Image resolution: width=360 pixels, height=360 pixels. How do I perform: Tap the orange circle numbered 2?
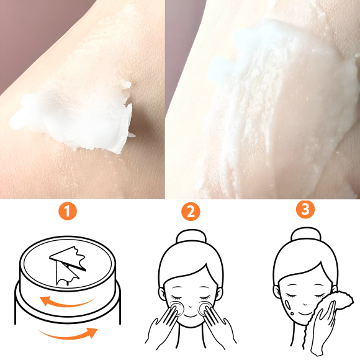(x=191, y=212)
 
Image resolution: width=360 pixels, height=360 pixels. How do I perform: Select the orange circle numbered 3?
(x=304, y=210)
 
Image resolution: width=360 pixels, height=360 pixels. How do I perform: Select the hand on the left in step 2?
(x=163, y=323)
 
